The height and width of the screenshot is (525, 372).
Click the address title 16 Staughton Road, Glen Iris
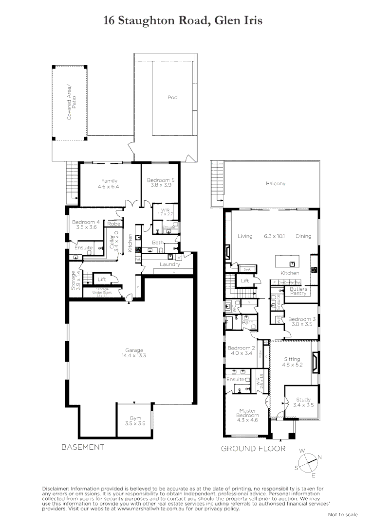[183, 20]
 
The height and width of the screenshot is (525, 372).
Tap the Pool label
[173, 98]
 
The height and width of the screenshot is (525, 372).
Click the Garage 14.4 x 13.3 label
[134, 352]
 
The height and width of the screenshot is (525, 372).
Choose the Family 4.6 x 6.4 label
[109, 183]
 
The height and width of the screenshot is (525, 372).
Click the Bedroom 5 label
[161, 183]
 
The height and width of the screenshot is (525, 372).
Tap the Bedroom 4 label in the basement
[86, 225]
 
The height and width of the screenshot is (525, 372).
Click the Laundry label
[170, 264]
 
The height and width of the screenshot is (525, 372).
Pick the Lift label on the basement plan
[102, 280]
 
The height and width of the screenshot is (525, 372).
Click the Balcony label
[276, 184]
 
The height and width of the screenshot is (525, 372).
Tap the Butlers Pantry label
[298, 291]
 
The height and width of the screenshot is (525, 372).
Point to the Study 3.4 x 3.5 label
[303, 402]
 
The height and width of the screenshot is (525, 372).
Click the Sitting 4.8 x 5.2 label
[292, 362]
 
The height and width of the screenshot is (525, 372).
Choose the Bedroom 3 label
[302, 321]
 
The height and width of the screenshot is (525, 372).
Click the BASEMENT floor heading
[83, 447]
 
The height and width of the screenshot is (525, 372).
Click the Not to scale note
[343, 514]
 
